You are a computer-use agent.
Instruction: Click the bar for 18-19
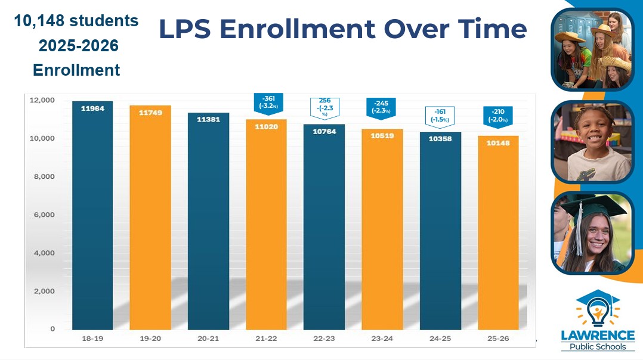click(92, 215)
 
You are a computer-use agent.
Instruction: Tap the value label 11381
click(208, 119)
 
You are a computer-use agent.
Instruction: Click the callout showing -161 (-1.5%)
click(440, 114)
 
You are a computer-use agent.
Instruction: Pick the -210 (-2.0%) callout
click(498, 116)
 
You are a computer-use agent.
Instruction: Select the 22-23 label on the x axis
click(324, 339)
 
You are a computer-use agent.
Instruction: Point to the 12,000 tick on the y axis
click(42, 100)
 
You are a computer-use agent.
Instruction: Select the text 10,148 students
click(76, 21)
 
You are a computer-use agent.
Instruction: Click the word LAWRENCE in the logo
click(597, 336)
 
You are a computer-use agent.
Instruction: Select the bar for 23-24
click(382, 229)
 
